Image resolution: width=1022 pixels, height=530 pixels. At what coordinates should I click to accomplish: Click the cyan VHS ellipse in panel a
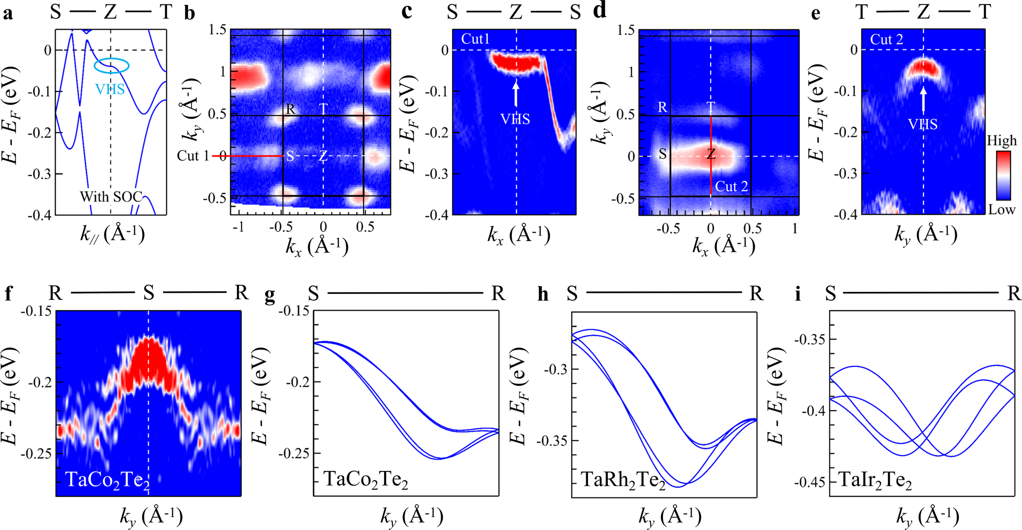tap(112, 66)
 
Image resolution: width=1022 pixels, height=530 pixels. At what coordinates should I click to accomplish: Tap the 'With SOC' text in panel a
tap(111, 197)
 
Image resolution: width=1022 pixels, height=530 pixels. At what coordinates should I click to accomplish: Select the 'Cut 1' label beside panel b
tap(193, 156)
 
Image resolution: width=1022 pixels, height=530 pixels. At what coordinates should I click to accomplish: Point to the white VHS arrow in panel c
tap(516, 94)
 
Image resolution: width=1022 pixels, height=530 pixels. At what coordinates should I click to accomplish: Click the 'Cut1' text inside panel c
tap(475, 39)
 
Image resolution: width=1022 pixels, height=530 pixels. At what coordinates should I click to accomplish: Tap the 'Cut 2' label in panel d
tap(731, 186)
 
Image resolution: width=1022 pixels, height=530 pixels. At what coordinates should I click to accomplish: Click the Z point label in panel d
tap(711, 154)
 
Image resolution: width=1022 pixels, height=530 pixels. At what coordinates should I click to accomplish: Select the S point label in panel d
tap(663, 154)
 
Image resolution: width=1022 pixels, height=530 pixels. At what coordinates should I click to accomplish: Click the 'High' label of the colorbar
tap(1001, 141)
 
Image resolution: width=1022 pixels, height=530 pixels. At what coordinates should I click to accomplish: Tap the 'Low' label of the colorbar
tap(1002, 210)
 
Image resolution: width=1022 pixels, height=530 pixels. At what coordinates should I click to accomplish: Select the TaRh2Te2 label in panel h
tap(623, 480)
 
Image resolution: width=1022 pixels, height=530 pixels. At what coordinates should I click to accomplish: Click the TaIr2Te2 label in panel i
tap(875, 480)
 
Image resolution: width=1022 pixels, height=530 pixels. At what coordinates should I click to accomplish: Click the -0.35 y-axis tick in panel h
tap(551, 440)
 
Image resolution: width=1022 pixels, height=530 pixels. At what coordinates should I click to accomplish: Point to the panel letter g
tap(269, 294)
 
